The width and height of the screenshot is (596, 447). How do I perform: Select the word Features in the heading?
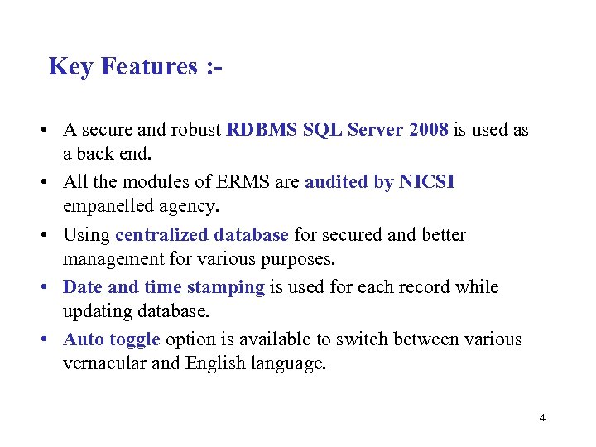point(146,66)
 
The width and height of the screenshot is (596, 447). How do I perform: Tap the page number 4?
point(542,418)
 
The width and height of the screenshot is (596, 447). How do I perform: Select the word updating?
point(100,311)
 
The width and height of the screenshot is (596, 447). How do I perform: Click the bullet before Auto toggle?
point(40,339)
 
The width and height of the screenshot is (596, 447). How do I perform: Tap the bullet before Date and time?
point(40,287)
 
